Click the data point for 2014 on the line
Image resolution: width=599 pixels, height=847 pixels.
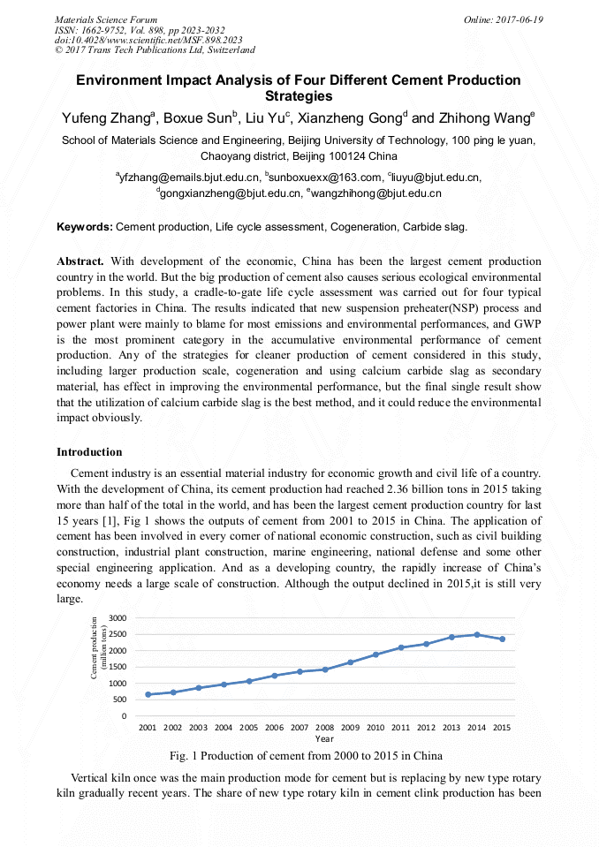coord(477,634)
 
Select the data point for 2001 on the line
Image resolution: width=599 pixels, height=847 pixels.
coord(148,694)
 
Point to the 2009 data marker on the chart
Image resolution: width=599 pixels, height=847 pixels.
coord(350,662)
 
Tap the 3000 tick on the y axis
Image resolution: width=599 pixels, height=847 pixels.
coord(118,617)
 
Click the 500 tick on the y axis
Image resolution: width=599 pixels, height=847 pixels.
coord(122,700)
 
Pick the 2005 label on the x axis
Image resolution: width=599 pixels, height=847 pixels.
coord(249,728)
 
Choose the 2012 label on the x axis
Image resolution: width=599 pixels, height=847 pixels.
coord(426,728)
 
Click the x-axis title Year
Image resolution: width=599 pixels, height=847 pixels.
coord(324,738)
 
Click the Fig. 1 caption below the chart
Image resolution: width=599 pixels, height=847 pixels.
coord(305,756)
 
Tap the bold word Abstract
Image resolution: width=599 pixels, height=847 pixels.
coord(80,261)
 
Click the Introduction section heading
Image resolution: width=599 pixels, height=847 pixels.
coord(89,452)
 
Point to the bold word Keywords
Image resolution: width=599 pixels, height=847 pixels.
coord(85,227)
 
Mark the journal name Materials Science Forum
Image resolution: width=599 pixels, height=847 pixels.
coord(106,19)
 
